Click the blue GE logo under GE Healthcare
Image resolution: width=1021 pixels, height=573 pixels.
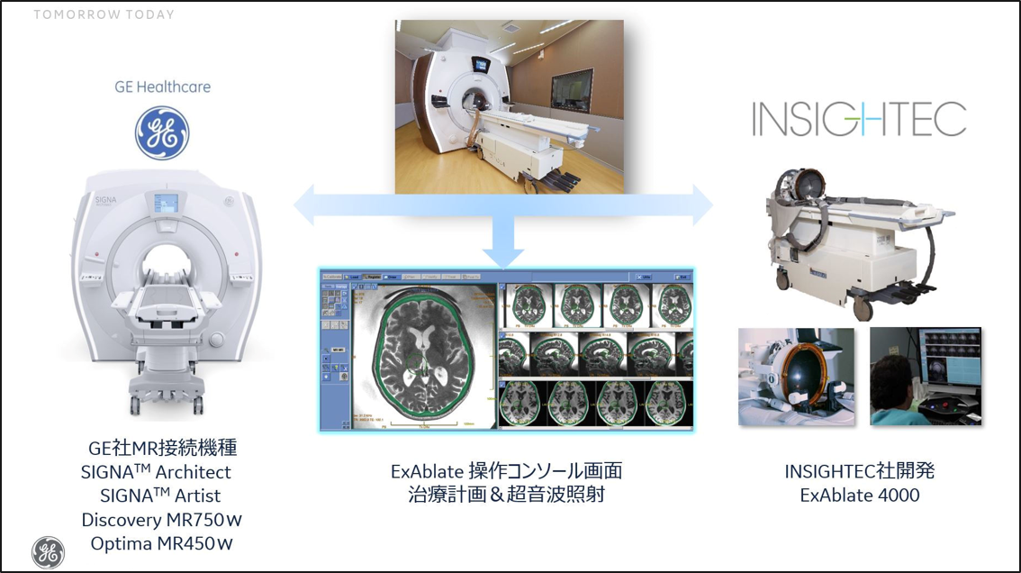pos(162,133)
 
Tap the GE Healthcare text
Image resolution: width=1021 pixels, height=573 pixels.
pos(162,87)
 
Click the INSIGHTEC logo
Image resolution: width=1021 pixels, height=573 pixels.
pos(859,119)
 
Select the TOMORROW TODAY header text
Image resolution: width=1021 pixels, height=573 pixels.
pos(104,14)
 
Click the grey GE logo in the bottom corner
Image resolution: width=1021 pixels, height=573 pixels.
pos(48,551)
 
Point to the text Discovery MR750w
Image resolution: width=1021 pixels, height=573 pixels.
pos(162,520)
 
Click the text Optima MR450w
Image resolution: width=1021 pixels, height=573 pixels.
pos(162,544)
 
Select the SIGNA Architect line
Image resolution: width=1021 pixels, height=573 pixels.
pos(156,472)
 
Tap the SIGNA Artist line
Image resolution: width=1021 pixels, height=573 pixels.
pos(161,496)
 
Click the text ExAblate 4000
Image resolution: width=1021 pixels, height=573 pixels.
pos(860,495)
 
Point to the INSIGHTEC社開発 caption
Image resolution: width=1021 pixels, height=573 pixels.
pos(860,471)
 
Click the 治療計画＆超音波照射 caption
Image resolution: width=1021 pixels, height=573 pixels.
pos(506,495)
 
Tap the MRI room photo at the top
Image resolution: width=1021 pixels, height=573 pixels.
pos(509,106)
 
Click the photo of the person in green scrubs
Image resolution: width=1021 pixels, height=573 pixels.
pos(926,376)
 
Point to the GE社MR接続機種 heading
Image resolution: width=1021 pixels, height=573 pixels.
pos(162,448)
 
